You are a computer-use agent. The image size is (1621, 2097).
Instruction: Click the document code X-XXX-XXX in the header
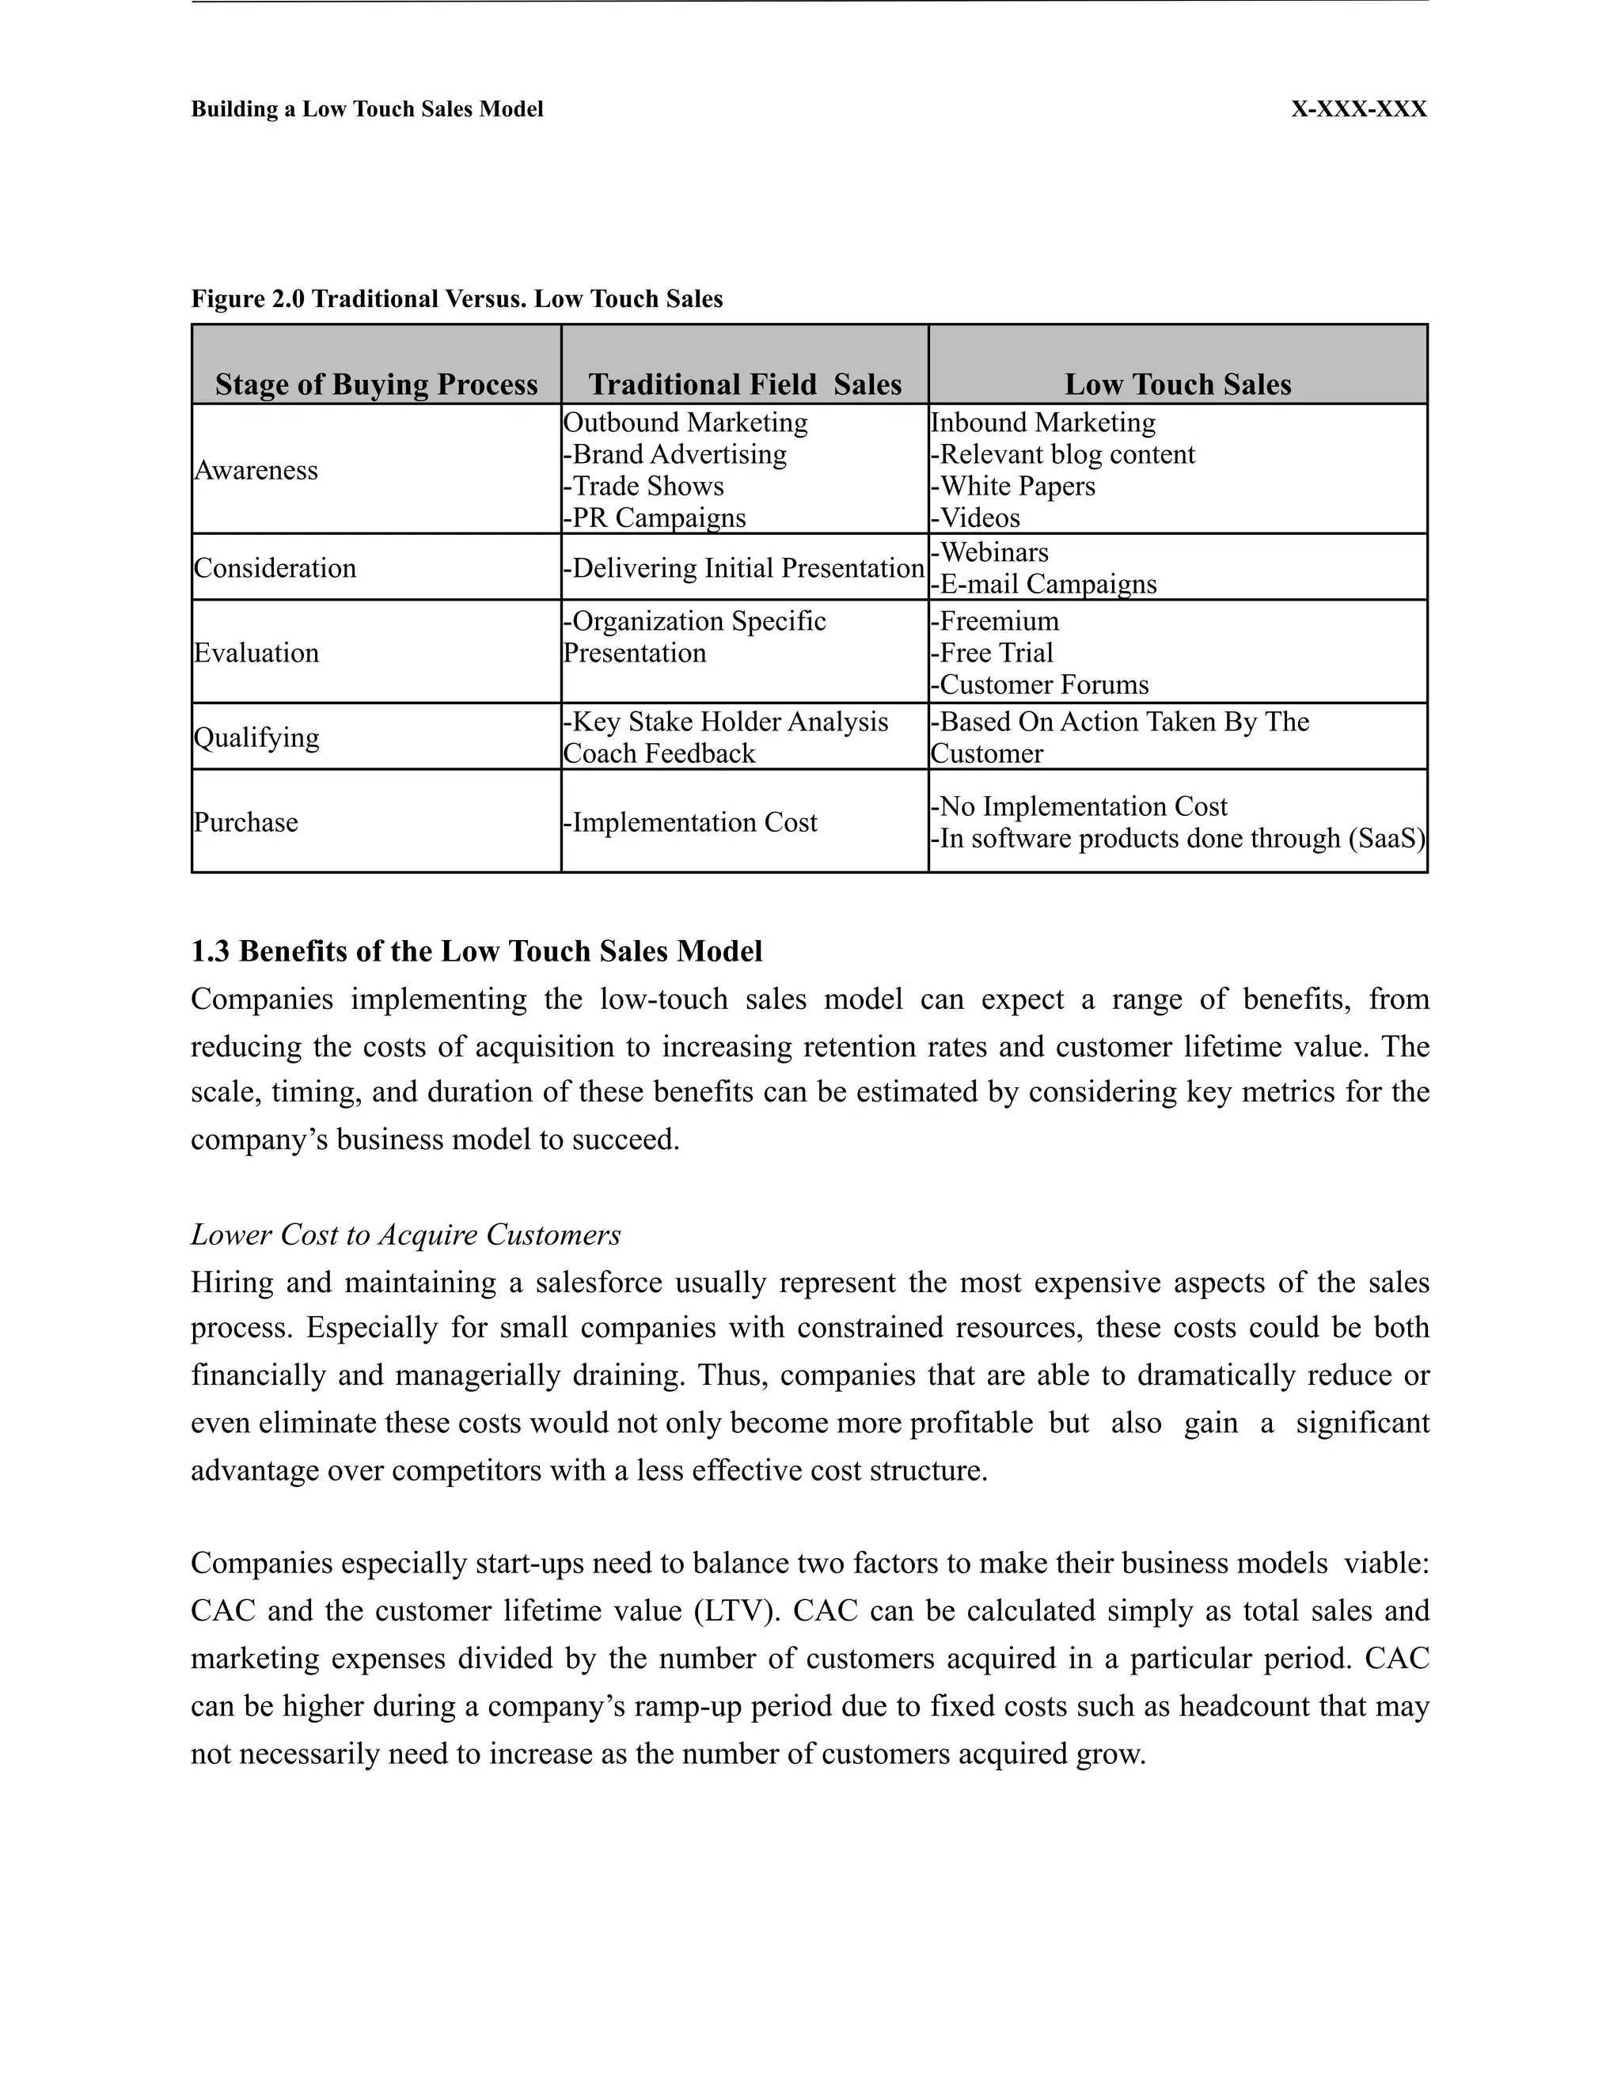coord(1358,109)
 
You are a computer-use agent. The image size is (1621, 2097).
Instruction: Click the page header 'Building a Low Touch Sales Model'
coord(366,109)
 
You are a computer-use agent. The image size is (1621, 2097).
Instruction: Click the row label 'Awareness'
coord(256,471)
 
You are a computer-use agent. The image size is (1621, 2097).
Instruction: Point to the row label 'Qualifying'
coord(256,738)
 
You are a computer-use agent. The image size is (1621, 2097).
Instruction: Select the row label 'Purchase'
coord(246,823)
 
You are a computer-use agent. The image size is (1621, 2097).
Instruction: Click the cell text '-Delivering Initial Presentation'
coord(743,568)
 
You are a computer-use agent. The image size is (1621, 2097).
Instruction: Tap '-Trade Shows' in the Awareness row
coord(643,487)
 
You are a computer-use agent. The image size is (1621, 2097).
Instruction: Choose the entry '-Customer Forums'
coord(1039,685)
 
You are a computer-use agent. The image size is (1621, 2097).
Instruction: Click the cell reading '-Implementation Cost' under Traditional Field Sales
coord(689,823)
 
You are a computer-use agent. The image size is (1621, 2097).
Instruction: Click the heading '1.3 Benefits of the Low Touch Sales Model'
coord(476,951)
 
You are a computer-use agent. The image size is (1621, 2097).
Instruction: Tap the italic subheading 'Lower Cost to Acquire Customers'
coord(405,1234)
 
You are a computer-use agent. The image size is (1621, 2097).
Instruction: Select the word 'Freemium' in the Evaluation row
coord(999,622)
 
